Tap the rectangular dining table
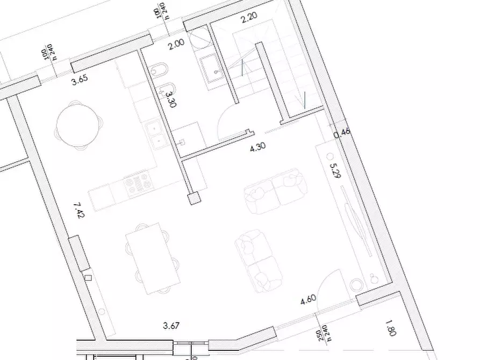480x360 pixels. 153,258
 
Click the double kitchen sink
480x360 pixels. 155,136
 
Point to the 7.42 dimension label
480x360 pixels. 79,210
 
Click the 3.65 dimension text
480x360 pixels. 80,80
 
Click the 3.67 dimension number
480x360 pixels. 171,326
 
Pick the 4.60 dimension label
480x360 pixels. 309,299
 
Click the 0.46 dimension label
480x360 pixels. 342,133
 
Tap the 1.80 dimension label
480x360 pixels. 391,328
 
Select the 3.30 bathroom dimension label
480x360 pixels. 170,99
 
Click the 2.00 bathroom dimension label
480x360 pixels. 176,45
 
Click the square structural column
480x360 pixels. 194,198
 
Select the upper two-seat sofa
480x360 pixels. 276,191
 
